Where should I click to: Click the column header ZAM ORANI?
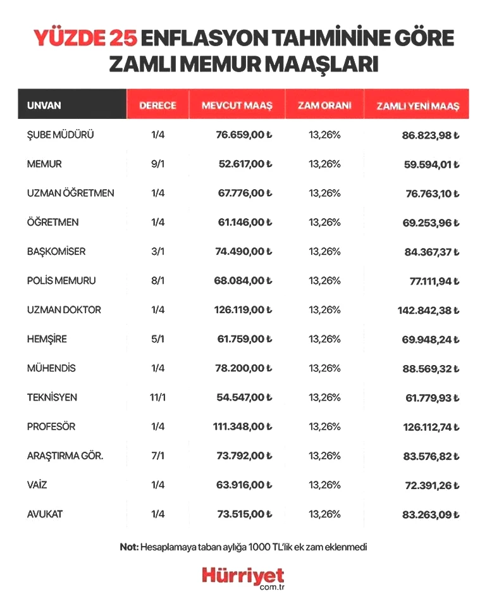(x=324, y=106)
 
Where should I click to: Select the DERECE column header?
(x=157, y=106)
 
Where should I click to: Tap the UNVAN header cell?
(x=44, y=106)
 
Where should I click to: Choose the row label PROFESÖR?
(x=51, y=426)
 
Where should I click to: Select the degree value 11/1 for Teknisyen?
(x=157, y=397)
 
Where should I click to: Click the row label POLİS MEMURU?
(x=61, y=280)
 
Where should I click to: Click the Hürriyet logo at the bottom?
(x=243, y=576)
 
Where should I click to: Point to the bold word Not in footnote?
(x=128, y=547)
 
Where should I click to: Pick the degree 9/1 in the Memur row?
(x=157, y=164)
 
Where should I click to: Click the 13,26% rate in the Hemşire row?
(x=324, y=339)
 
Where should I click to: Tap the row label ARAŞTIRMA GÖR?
(x=65, y=456)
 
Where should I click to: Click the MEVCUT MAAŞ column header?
(x=237, y=106)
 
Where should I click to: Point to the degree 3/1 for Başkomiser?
(x=157, y=251)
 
